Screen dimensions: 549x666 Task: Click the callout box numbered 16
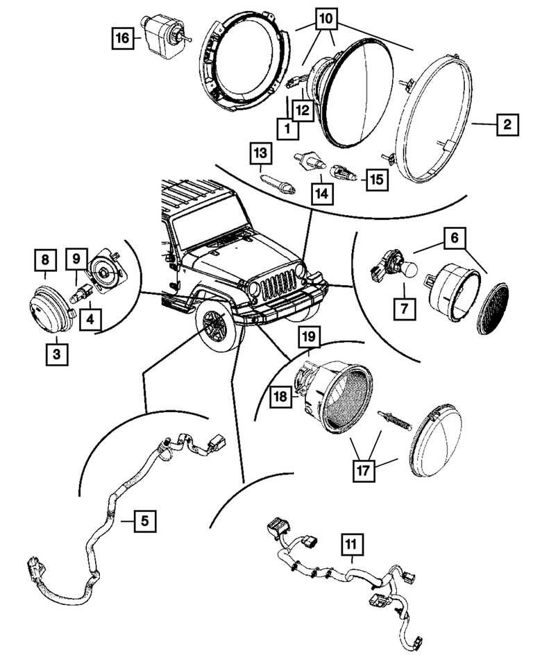122,39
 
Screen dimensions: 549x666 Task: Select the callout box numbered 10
326,19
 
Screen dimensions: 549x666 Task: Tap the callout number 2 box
507,125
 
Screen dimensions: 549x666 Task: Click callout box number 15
377,180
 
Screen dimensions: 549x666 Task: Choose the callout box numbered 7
404,308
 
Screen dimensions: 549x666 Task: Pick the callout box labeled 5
145,520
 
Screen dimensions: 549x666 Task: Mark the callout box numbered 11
353,545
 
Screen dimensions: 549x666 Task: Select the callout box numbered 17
364,470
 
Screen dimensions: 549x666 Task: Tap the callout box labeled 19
309,337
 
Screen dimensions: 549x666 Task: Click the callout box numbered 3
57,354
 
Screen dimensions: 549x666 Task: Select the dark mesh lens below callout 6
493,308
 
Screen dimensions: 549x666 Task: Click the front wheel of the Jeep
217,324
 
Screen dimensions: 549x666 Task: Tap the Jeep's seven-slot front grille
278,284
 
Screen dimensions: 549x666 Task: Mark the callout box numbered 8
45,259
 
